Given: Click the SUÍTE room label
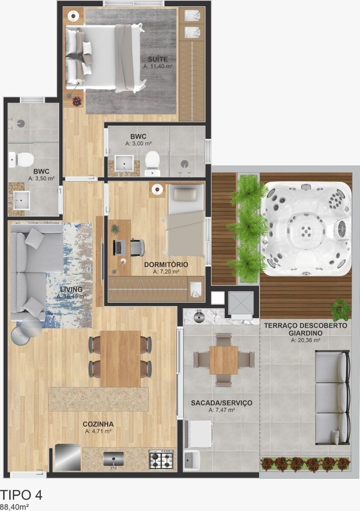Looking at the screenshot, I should point(157,59).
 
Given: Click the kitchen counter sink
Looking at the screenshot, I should point(113,458).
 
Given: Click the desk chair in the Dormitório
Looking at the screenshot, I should point(137,247).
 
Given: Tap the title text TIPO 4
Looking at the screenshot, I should point(21,495).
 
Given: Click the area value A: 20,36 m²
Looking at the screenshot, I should point(305,340).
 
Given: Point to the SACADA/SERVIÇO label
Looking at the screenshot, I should point(221,403).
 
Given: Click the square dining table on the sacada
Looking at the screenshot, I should point(223,360).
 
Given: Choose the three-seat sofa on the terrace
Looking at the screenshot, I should point(332,398).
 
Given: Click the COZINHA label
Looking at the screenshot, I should point(98,424).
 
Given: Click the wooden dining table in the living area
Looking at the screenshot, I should point(120,358).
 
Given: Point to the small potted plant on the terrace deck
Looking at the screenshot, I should point(340,310).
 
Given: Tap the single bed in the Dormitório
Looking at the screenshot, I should point(184,221).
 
